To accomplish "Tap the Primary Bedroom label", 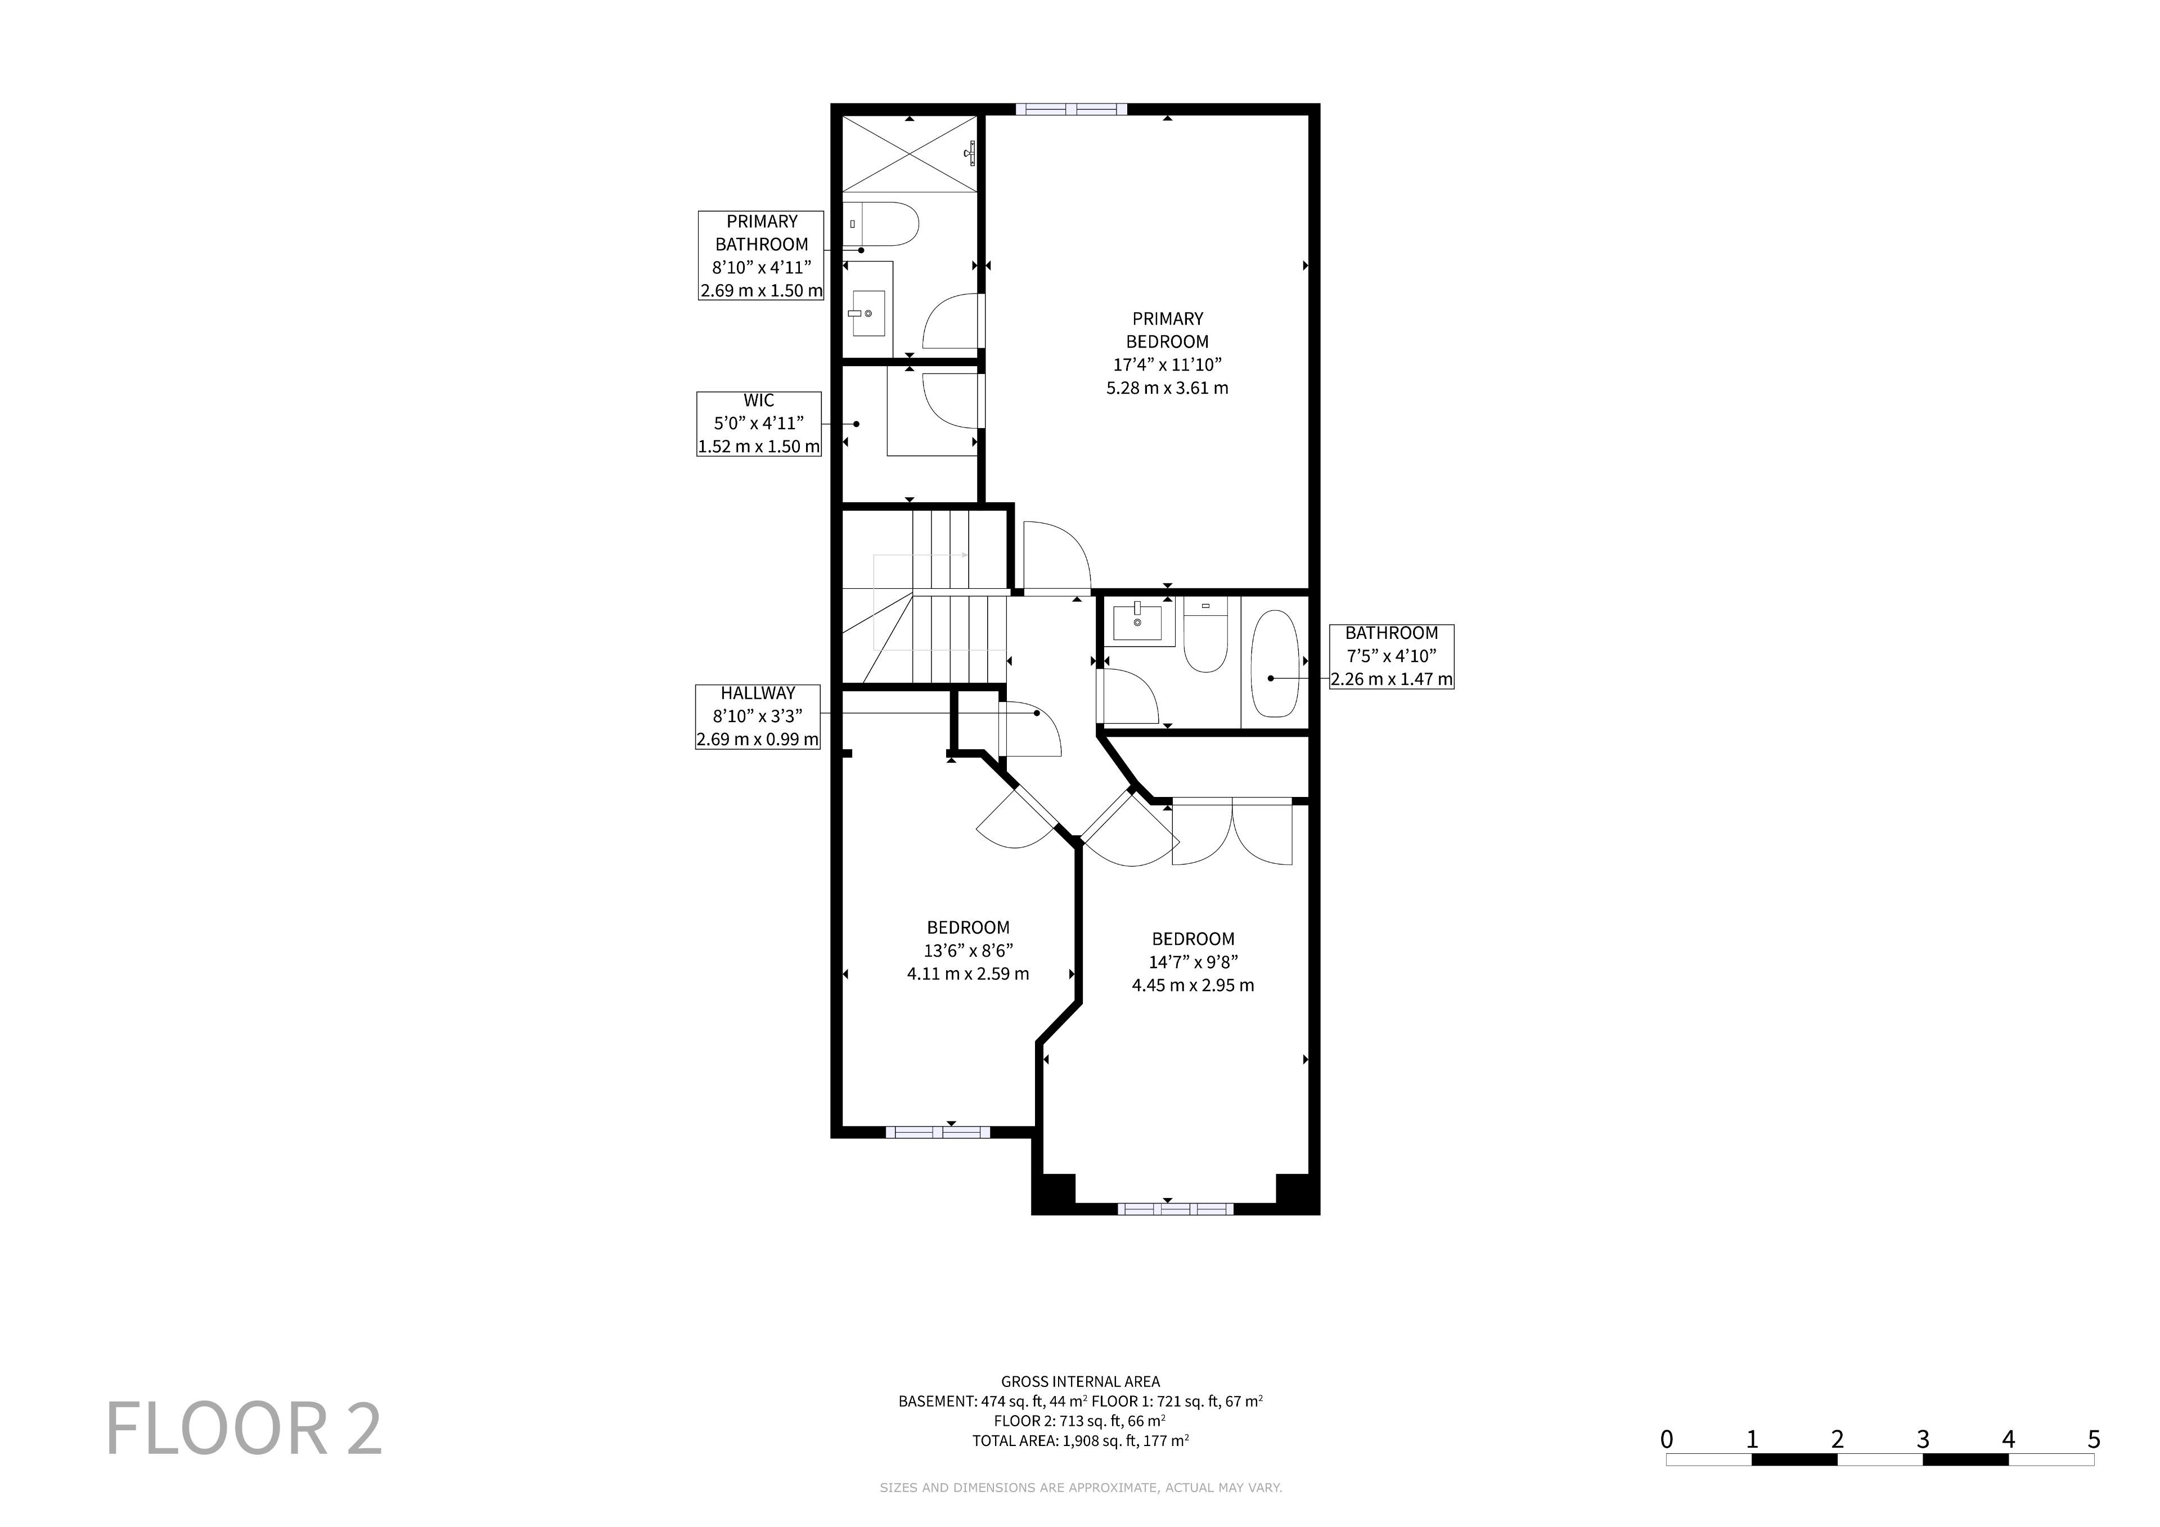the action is pyautogui.click(x=1168, y=353).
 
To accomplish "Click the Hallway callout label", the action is pyautogui.click(x=757, y=716).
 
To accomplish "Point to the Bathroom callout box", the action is pyautogui.click(x=1392, y=656).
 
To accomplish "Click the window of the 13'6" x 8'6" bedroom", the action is pyautogui.click(x=938, y=1132).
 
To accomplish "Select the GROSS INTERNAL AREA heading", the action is pyautogui.click(x=1080, y=1381).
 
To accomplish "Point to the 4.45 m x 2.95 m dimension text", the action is pyautogui.click(x=1193, y=985).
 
